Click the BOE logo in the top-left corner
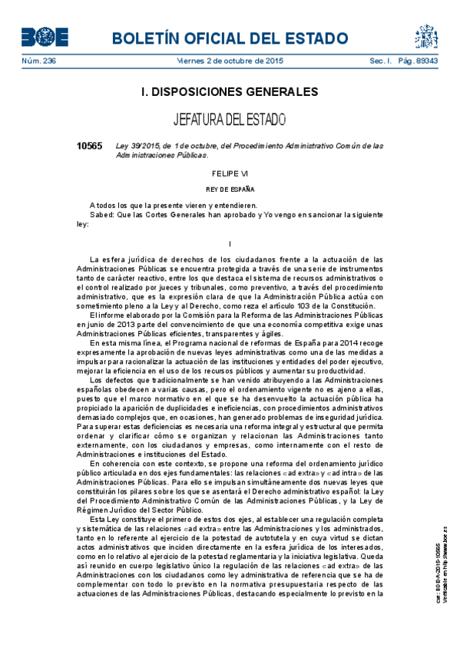45,37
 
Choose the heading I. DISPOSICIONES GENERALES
230,92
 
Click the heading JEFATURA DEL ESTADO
230,120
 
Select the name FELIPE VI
230,174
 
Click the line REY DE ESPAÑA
230,189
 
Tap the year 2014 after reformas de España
344,343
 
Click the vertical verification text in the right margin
442,550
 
